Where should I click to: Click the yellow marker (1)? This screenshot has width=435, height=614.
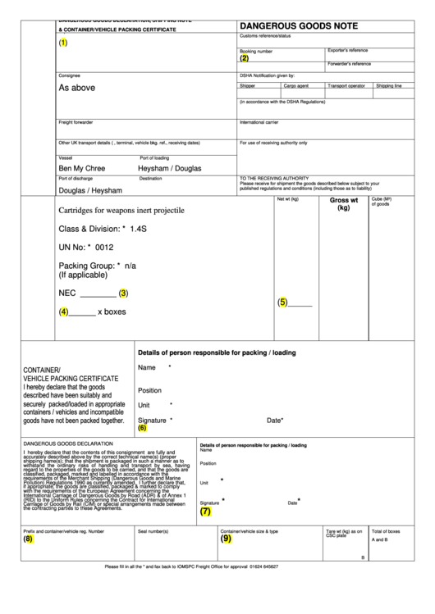point(63,43)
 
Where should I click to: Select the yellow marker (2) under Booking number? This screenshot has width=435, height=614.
point(244,58)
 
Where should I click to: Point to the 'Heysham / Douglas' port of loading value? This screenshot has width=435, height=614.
point(169,167)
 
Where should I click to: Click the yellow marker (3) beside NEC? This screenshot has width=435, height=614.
point(123,293)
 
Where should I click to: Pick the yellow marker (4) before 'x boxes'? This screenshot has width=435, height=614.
point(63,312)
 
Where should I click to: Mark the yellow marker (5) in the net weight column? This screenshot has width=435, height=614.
point(282,302)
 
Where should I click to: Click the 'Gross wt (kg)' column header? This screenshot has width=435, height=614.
point(343,203)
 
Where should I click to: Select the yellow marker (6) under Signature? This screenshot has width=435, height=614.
point(142,428)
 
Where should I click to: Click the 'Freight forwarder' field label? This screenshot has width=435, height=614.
point(76,122)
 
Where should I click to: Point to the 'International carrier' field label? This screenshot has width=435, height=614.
point(259,122)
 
